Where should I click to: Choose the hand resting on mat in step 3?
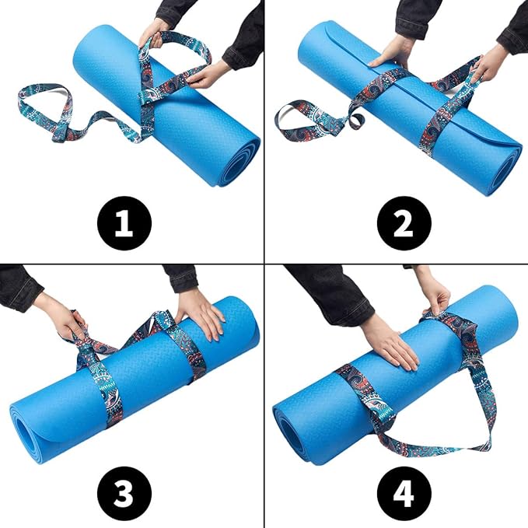[x=202, y=315]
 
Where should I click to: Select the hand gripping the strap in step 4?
[x=435, y=299]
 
